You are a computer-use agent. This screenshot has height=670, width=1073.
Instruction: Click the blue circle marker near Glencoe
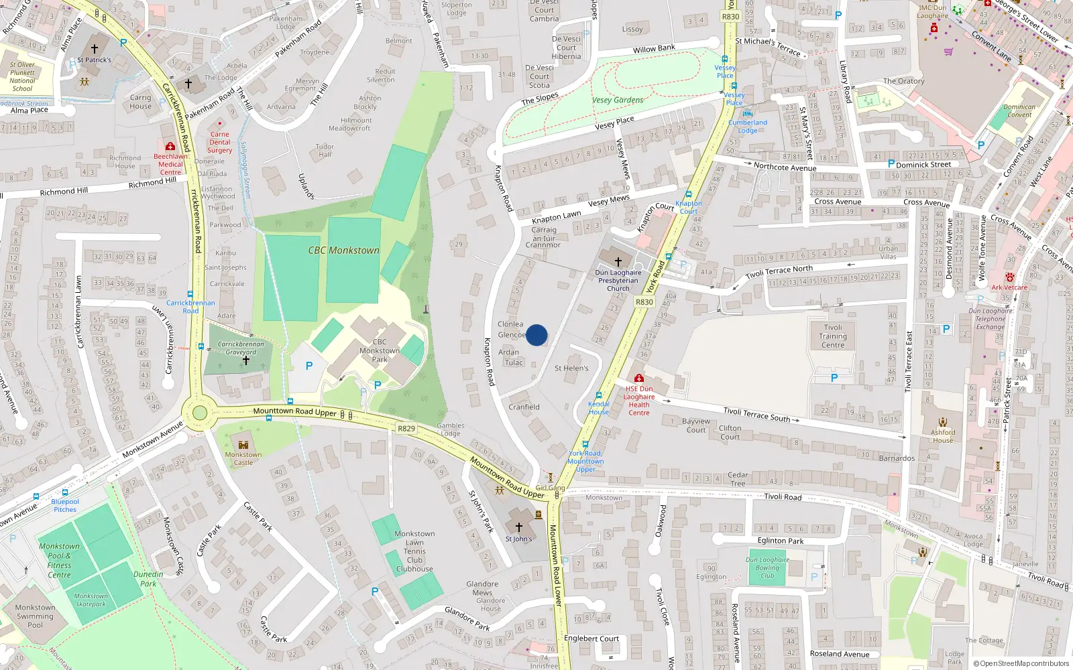tap(536, 335)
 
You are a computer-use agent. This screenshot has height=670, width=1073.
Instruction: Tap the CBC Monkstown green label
tap(343, 251)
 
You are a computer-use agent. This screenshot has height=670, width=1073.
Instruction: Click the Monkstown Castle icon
tap(243, 445)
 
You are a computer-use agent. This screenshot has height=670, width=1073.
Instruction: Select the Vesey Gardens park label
tap(618, 100)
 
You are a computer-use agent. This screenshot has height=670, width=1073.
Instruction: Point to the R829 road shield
tap(406, 428)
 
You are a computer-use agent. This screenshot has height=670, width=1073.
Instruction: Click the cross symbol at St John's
tap(518, 528)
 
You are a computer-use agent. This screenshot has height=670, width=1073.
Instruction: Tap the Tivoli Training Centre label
tap(833, 336)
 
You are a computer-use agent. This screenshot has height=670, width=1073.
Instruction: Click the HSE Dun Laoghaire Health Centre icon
tap(638, 379)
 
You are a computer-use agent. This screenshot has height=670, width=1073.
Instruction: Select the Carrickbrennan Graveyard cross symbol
tap(246, 360)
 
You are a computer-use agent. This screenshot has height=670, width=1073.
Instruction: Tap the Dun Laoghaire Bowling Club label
tap(767, 567)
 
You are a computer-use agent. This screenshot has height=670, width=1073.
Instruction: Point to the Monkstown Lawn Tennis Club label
tap(414, 551)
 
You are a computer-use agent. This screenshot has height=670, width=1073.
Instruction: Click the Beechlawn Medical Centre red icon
tap(170, 146)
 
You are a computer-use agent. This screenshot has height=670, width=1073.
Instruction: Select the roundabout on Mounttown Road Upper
tap(200, 413)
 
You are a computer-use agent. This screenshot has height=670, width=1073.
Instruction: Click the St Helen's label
tap(571, 368)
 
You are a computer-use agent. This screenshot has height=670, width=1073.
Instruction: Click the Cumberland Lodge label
tap(748, 126)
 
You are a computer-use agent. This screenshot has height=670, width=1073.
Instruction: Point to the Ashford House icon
tap(943, 422)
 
